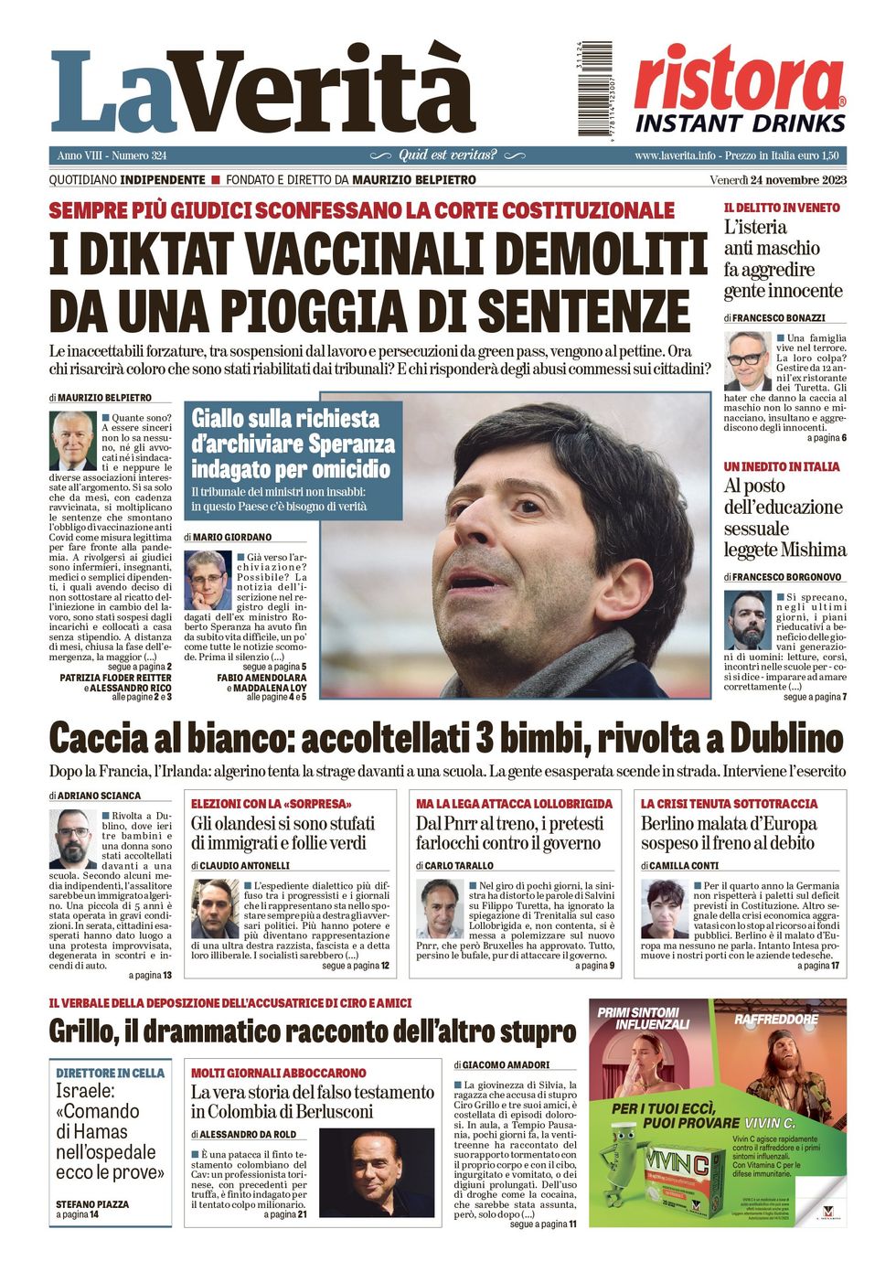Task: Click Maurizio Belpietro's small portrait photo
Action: click(x=72, y=441)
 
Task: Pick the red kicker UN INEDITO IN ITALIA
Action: click(x=782, y=466)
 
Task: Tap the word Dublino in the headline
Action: click(x=774, y=738)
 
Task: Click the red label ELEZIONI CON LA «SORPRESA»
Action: click(x=272, y=804)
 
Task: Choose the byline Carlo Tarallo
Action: click(x=459, y=865)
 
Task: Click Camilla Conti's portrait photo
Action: click(x=664, y=908)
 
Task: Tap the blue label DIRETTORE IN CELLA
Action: click(x=110, y=1073)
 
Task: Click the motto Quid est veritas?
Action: click(x=448, y=155)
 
